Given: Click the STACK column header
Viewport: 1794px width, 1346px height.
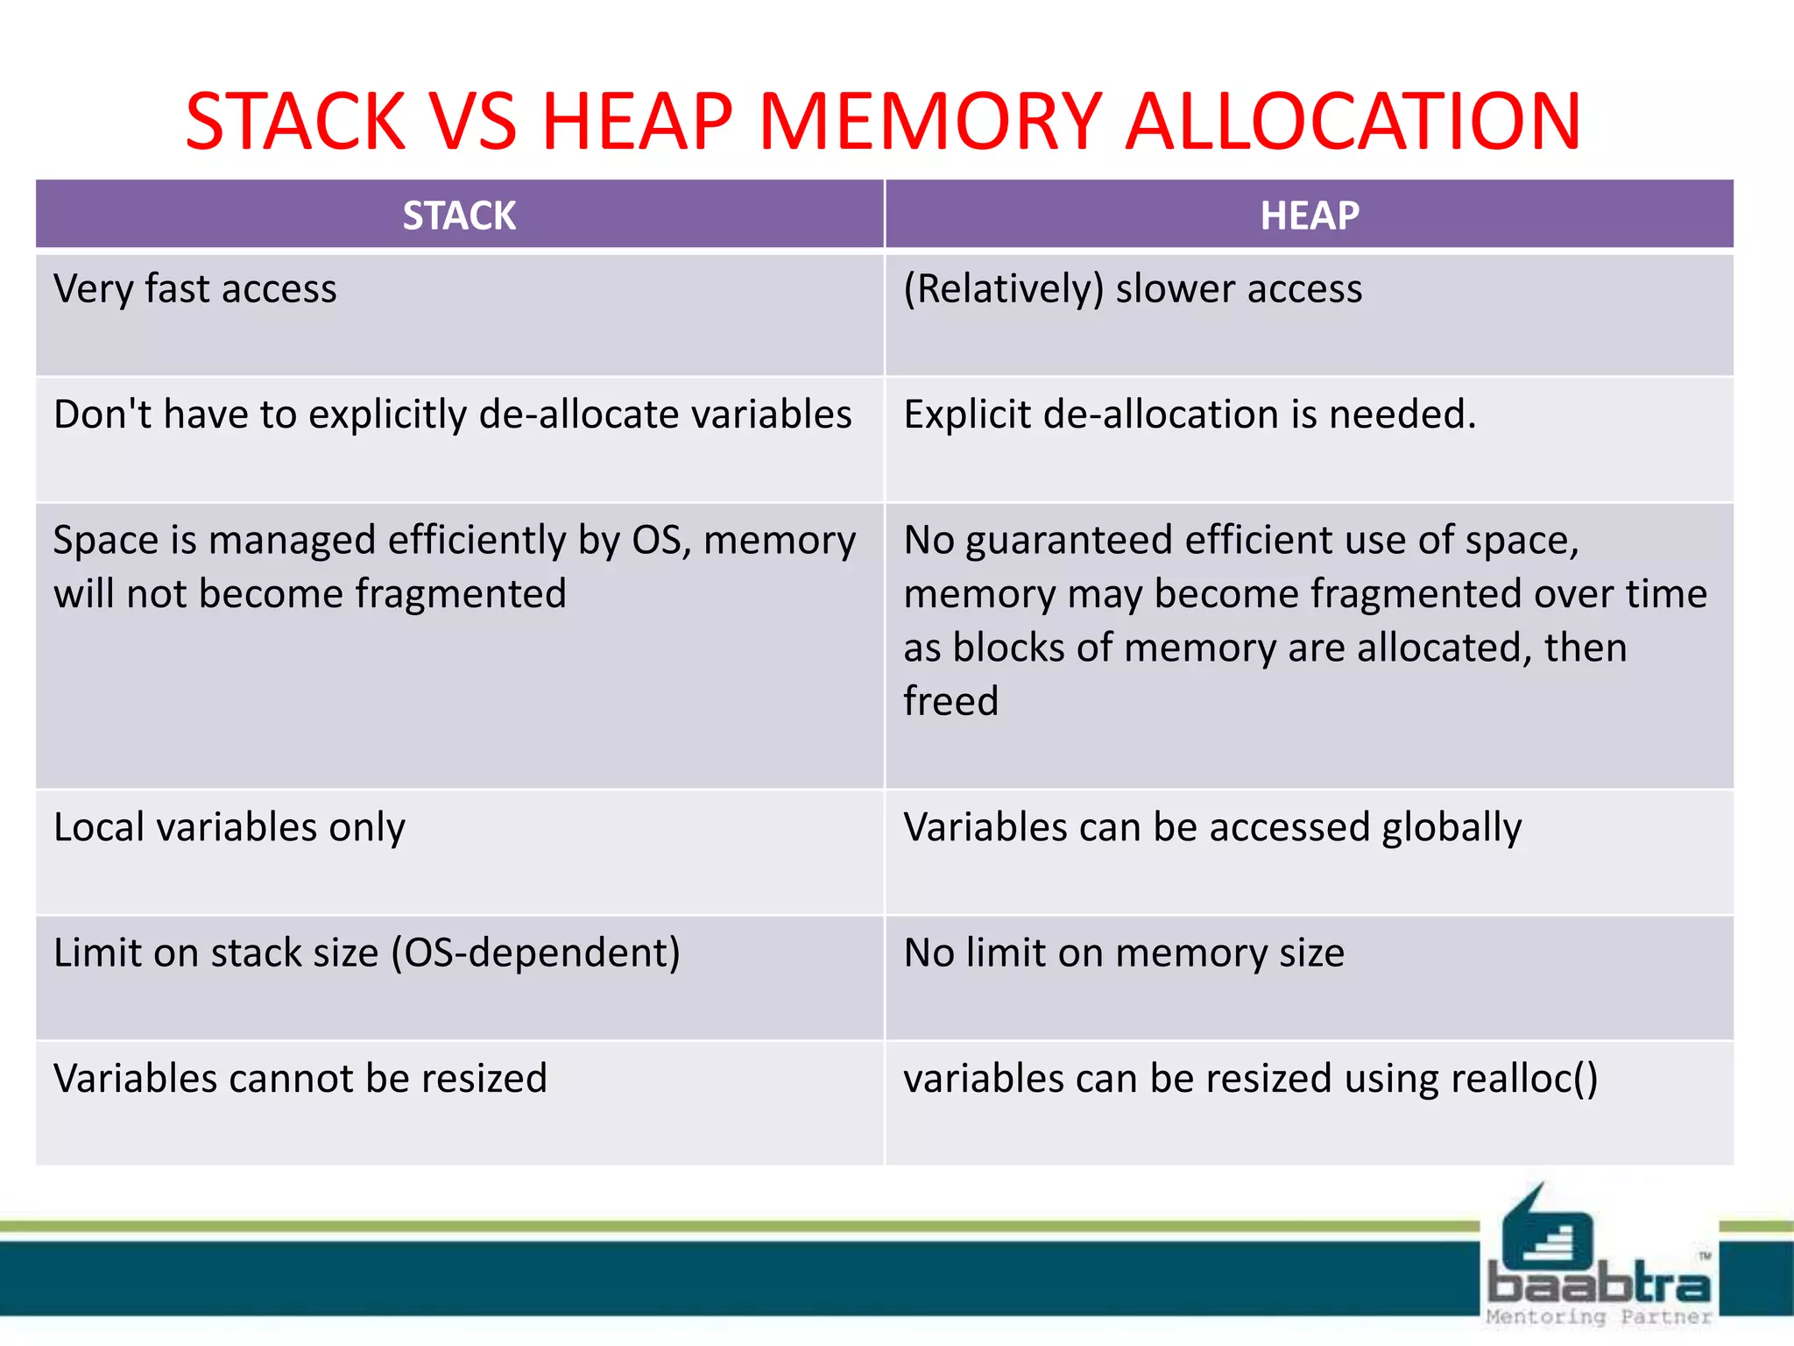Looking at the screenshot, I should tap(459, 216).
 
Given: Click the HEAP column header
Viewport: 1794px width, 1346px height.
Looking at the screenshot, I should tap(1309, 216).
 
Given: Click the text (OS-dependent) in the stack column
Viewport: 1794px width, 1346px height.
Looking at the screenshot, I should tap(535, 953).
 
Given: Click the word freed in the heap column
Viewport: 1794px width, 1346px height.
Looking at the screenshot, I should tap(950, 702).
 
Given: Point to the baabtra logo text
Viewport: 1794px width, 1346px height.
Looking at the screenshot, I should tap(1599, 1285).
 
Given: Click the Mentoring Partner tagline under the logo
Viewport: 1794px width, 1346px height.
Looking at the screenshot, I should tap(1599, 1317).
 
